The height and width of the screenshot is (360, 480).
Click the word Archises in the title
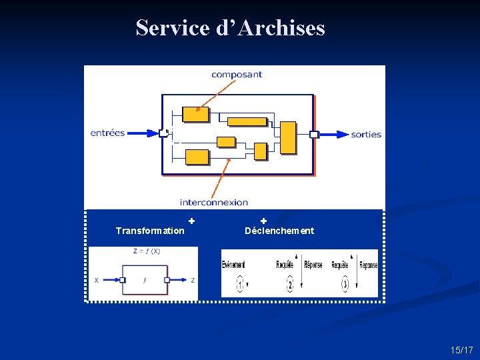pos(281,28)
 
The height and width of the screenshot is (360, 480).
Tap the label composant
pos(237,75)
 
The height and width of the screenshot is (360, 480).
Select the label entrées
pos(108,133)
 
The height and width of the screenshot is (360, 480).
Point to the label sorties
pos(366,134)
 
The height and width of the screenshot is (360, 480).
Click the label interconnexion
pos(213,202)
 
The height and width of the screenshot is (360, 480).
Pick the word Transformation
pos(150,231)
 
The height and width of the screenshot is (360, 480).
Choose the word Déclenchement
pos(279,231)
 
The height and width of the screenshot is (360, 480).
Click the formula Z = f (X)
pos(147,251)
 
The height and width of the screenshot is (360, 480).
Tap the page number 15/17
pos(461,350)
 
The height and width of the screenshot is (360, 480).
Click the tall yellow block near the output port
pos(288,137)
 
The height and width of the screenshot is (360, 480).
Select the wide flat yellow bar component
pos(247,121)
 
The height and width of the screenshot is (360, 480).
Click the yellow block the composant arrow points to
pos(195,114)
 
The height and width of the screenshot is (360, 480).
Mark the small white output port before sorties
pos(314,134)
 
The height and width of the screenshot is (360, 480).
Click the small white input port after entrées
pos(163,133)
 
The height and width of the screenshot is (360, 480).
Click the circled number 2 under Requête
pos(290,285)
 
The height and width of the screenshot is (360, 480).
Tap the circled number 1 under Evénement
pos(240,285)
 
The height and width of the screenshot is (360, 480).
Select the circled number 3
pos(345,285)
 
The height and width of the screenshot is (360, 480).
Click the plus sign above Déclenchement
pos(263,221)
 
